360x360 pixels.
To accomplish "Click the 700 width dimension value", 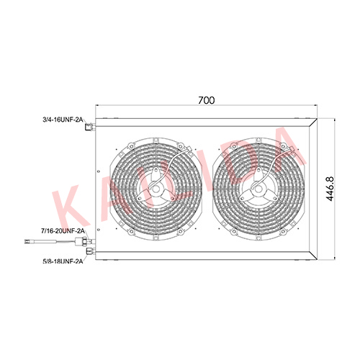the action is point(207,100).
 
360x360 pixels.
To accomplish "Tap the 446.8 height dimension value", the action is point(330,189).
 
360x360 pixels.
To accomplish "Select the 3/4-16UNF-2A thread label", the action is point(63,120).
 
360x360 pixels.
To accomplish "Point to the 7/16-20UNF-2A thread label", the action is point(63,231).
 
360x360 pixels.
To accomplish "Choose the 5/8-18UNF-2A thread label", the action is point(63,261).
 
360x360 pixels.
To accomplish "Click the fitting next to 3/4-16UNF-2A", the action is point(90,127).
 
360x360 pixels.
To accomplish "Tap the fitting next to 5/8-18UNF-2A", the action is point(91,251).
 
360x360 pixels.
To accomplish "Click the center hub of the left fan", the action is point(156,189).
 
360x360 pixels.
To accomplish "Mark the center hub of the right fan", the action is point(258,189).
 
